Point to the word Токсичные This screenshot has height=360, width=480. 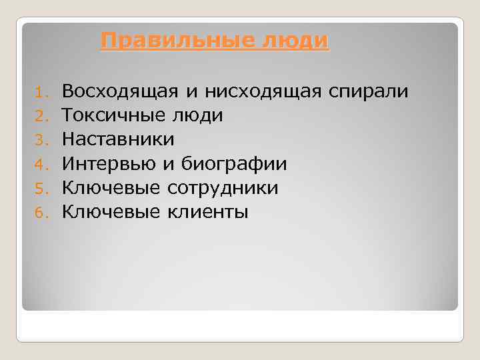(111, 115)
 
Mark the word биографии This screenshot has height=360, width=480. (234, 164)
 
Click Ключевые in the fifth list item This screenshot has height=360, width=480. (111, 188)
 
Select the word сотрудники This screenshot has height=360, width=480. (223, 188)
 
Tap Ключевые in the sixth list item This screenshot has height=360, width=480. (111, 212)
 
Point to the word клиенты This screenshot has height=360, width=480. (207, 212)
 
